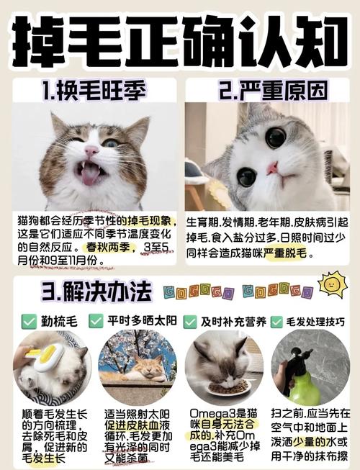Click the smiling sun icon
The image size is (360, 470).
(x=332, y=284)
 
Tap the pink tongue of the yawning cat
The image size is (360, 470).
(x=91, y=176)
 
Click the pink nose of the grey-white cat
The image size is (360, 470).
(x=271, y=168)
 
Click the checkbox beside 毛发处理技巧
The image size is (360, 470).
(x=274, y=321)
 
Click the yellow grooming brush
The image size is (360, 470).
(x=45, y=357)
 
